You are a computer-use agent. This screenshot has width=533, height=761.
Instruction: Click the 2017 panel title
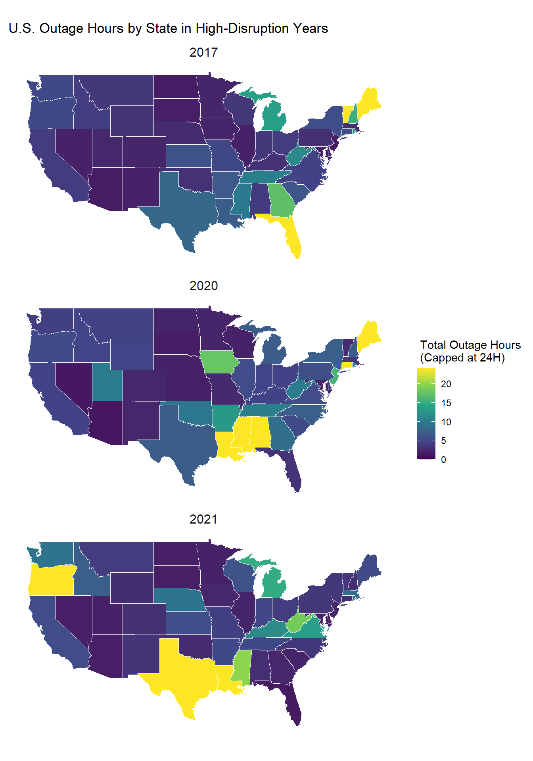(x=203, y=52)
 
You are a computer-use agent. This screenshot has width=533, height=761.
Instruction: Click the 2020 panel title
(x=203, y=286)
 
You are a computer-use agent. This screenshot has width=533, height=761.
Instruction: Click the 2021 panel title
(x=203, y=519)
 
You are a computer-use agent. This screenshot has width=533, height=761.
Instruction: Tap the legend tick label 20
(x=446, y=384)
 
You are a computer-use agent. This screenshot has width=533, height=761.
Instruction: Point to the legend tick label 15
(x=446, y=403)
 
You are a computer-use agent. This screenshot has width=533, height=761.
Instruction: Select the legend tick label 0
(x=443, y=460)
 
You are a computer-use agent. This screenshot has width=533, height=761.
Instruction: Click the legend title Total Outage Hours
(x=470, y=345)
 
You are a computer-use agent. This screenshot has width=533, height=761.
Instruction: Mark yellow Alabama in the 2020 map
(x=260, y=432)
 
